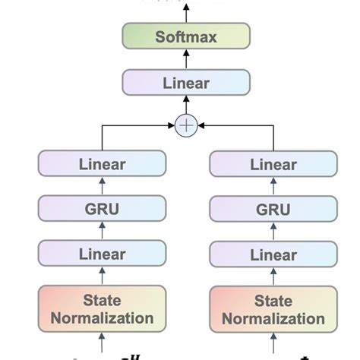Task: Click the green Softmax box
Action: pyautogui.click(x=186, y=36)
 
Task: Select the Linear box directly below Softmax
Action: pyautogui.click(x=186, y=82)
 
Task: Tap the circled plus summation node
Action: pyautogui.click(x=186, y=125)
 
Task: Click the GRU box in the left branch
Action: pyautogui.click(x=101, y=208)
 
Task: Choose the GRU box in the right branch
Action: pyautogui.click(x=273, y=208)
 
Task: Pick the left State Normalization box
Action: pyautogui.click(x=101, y=309)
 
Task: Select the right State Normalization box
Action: pyautogui.click(x=273, y=309)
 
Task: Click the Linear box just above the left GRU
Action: pyautogui.click(x=101, y=164)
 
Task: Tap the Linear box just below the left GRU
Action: pyautogui.click(x=101, y=253)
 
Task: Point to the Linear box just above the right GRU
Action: pyautogui.click(x=273, y=164)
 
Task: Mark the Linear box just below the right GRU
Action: pyautogui.click(x=273, y=253)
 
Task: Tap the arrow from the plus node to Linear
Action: pyautogui.click(x=186, y=104)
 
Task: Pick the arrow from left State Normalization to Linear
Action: pyautogui.click(x=101, y=276)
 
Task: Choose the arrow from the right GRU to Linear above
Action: pyautogui.click(x=273, y=187)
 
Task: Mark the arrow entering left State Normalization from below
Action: pyautogui.click(x=101, y=343)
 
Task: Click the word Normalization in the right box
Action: pyautogui.click(x=273, y=319)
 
